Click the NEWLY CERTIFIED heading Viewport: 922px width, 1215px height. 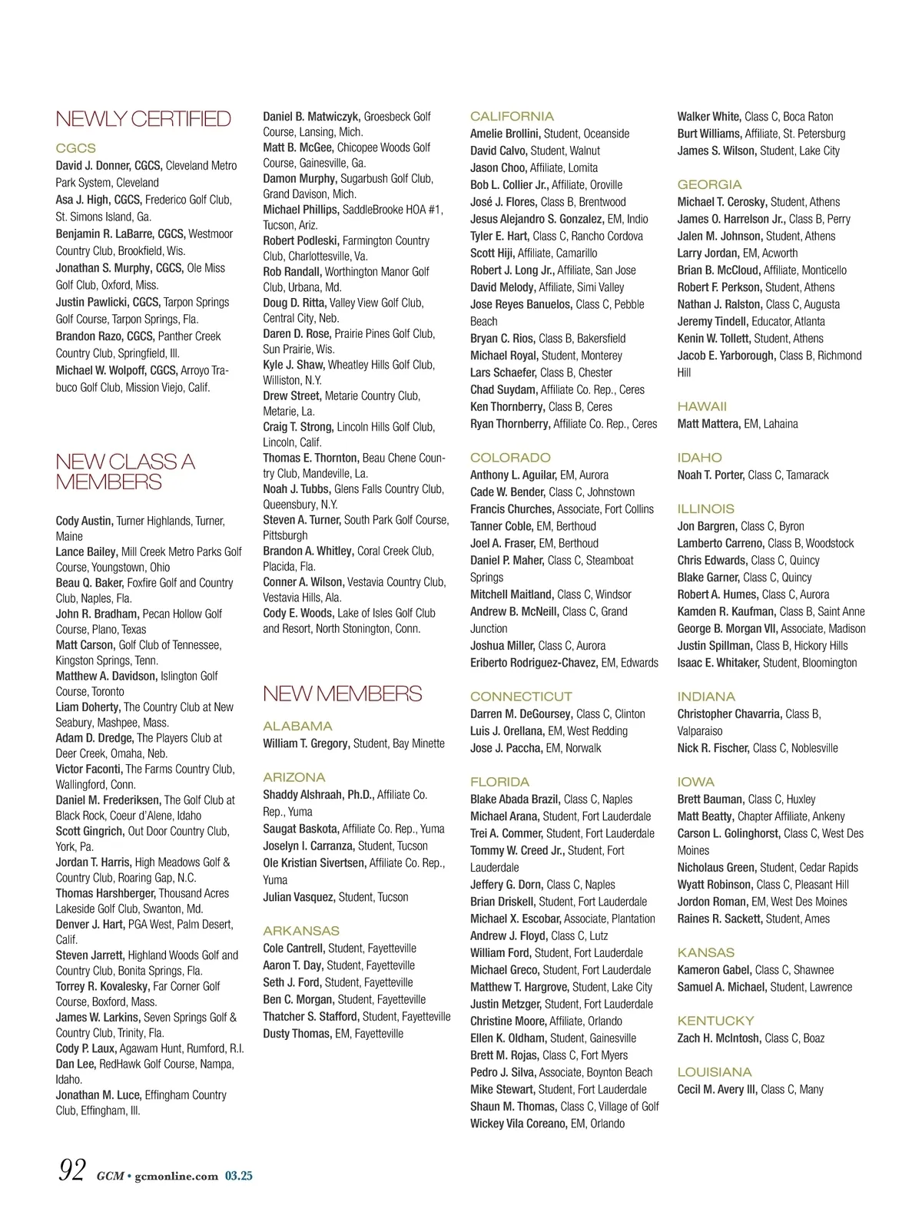tap(143, 119)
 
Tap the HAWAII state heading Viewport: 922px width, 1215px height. tap(701, 406)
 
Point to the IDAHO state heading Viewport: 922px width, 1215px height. tap(699, 458)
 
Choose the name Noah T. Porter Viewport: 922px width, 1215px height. tap(711, 475)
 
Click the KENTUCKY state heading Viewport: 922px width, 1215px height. tap(715, 1021)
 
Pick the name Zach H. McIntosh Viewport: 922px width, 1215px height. tap(719, 1038)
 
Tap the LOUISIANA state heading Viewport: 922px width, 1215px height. tap(715, 1072)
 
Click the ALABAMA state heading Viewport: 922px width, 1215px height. tap(297, 726)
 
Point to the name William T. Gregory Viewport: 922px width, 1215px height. tap(306, 743)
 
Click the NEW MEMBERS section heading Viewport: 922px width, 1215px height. tap(342, 694)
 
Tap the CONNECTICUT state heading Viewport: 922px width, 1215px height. tap(521, 697)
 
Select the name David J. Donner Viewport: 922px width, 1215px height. tap(93, 166)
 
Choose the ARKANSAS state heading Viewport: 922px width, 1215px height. tap(300, 931)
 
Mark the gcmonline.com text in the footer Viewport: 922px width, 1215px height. tap(176, 1176)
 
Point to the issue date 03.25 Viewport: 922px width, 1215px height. tap(239, 1176)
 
